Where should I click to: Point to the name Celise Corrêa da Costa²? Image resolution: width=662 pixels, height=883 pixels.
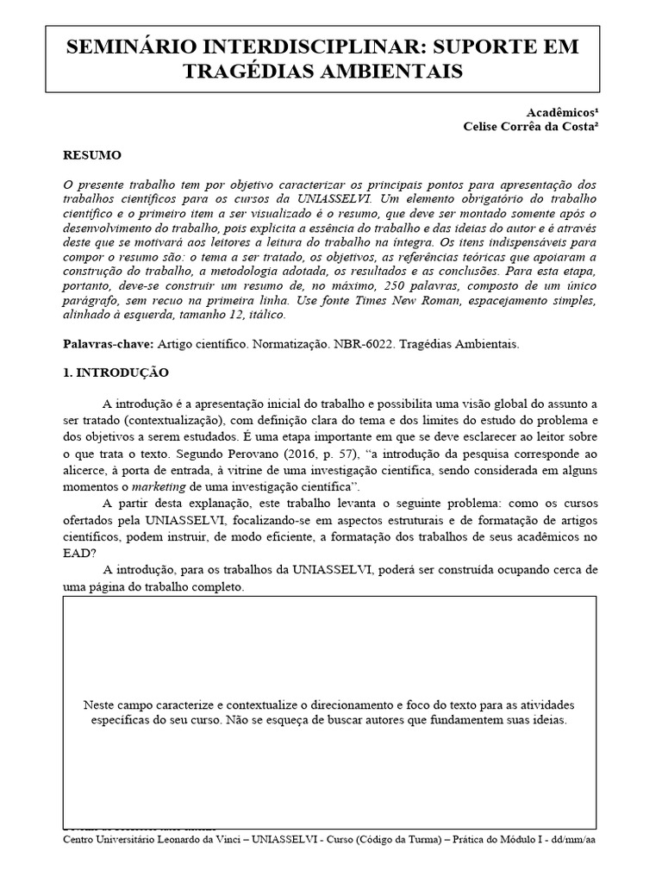pyautogui.click(x=530, y=127)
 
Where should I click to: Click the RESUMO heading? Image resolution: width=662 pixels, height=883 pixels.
pyautogui.click(x=93, y=155)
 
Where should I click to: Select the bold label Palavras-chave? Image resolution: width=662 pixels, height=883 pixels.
pyautogui.click(x=107, y=344)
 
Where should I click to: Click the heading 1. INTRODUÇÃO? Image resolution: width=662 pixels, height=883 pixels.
pyautogui.click(x=116, y=373)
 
